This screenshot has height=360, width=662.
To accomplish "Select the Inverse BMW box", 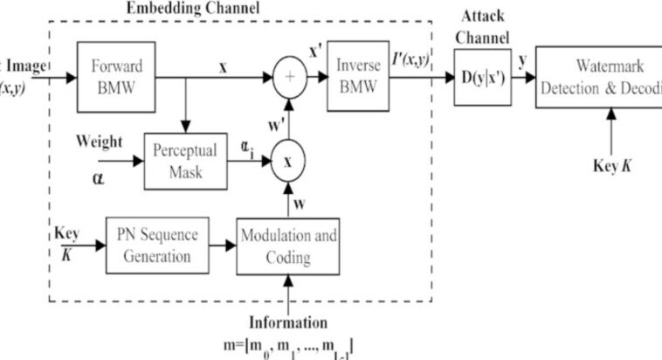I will pos(358,76).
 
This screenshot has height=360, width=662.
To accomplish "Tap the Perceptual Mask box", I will pos(184,162).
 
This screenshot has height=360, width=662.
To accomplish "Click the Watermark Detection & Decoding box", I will pos(598,76).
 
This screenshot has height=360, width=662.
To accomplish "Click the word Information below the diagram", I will pos(288,322).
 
